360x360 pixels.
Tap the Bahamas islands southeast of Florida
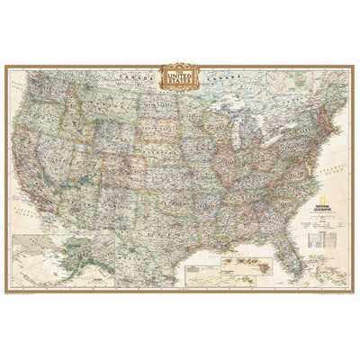tap(310, 256)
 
